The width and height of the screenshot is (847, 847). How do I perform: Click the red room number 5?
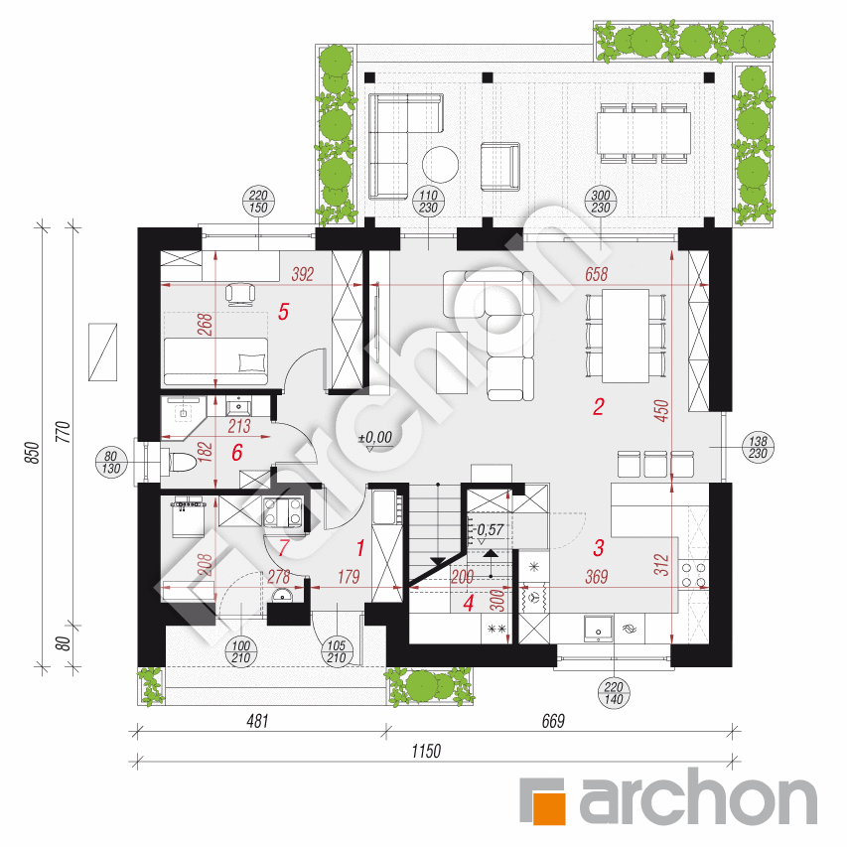(x=284, y=312)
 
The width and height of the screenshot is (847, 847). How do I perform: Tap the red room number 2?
(x=599, y=407)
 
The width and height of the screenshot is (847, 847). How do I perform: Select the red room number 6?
(x=237, y=453)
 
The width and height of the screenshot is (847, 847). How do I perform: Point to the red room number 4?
(x=469, y=603)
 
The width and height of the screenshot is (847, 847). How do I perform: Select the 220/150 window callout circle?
(x=259, y=202)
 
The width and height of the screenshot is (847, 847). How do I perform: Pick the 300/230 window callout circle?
(x=601, y=202)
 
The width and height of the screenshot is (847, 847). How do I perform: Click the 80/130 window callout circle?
(x=111, y=463)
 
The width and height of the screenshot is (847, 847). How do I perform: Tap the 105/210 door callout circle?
(x=337, y=651)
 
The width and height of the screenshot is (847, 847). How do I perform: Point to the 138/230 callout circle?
(x=758, y=447)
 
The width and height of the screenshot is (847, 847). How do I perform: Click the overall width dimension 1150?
(x=426, y=751)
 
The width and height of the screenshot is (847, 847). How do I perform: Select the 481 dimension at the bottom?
(x=257, y=721)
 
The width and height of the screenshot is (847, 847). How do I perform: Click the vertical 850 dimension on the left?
(x=33, y=453)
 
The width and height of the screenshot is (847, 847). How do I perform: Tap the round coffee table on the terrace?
(x=440, y=164)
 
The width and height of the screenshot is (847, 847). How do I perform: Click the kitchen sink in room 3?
(x=598, y=629)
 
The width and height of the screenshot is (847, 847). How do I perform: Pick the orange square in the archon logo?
(x=550, y=808)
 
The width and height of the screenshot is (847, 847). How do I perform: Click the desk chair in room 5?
(x=240, y=294)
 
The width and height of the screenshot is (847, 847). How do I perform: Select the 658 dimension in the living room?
(x=597, y=274)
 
